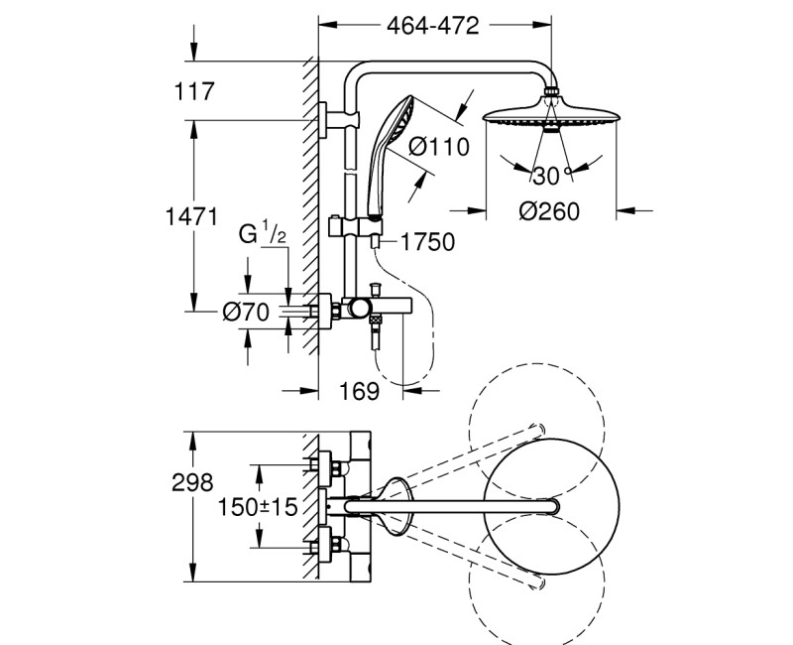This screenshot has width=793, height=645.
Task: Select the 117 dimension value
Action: pos(194,93)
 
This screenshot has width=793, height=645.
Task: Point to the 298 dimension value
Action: pos(192,483)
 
